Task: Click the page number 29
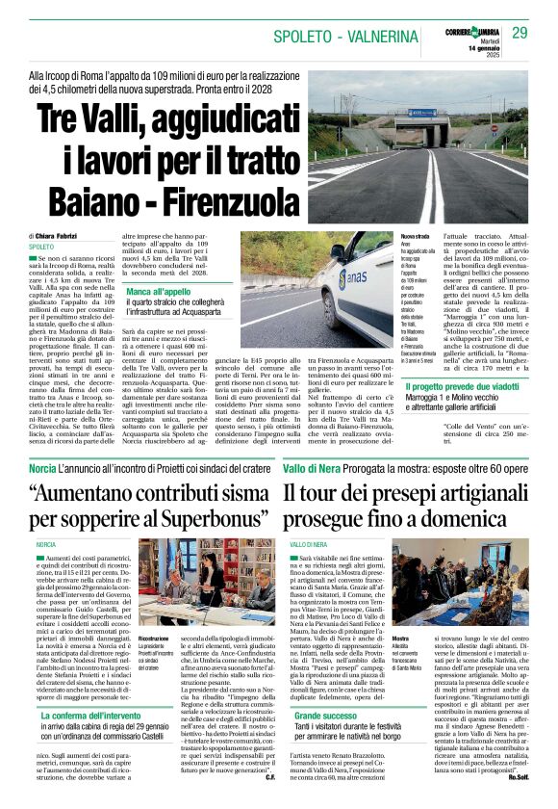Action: coord(520,33)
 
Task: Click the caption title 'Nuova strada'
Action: coord(416,236)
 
